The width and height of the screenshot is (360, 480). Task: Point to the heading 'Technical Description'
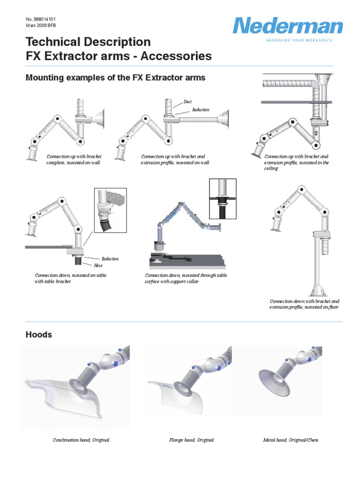(x=88, y=42)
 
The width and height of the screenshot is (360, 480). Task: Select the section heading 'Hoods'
(x=38, y=335)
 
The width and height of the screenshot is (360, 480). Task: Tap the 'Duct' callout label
(x=187, y=102)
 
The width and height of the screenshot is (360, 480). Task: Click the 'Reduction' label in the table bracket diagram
(x=110, y=259)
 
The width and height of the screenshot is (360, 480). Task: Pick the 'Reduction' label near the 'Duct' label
(x=200, y=110)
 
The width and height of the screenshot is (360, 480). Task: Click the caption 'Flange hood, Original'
(x=191, y=440)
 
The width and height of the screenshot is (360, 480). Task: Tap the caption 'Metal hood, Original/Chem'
(x=291, y=440)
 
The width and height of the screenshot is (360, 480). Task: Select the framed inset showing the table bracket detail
(x=111, y=210)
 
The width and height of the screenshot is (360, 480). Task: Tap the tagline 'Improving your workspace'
(x=299, y=41)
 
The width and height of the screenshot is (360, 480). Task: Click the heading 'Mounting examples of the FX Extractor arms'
(x=115, y=77)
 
